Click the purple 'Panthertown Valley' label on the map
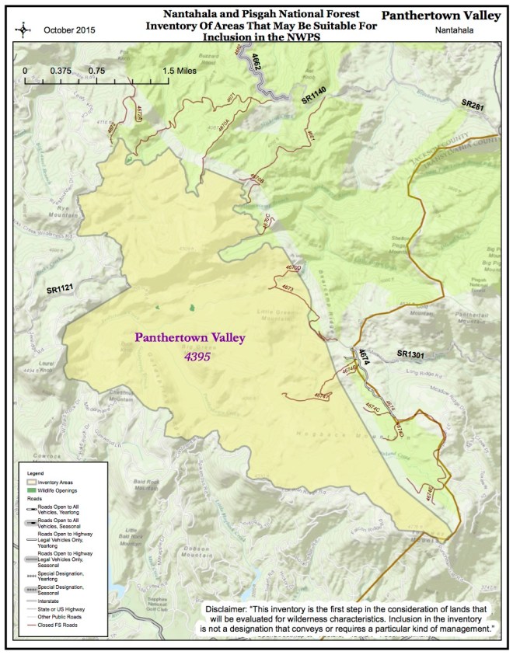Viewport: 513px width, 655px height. [x=190, y=338]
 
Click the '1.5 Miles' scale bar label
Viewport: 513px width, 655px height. [x=180, y=70]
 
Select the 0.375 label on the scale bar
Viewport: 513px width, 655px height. [x=61, y=70]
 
